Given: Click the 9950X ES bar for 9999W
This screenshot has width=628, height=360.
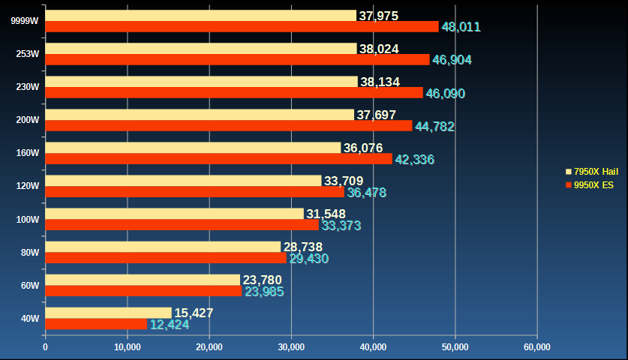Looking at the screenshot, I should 242,27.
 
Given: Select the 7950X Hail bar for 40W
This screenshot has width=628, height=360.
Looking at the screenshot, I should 109,313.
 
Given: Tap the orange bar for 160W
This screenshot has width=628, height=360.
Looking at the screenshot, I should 218,159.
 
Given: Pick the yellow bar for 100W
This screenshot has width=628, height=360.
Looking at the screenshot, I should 175,214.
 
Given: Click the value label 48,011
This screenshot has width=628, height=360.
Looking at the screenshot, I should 461,27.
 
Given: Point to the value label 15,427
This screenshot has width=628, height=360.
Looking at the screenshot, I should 194,313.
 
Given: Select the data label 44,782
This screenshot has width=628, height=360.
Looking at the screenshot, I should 434,126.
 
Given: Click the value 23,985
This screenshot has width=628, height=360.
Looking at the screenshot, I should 264,292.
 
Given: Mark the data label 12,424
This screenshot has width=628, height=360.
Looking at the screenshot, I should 170,325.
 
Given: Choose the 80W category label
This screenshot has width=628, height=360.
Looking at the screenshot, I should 30,252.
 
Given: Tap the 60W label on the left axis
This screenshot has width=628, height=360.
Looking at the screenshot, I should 30,285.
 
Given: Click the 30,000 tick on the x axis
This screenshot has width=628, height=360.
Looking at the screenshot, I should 291,346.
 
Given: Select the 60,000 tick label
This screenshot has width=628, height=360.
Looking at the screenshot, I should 537,346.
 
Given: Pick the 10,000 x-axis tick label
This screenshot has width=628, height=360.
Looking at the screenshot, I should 128,346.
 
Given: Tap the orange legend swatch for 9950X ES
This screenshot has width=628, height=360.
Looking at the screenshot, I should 568,184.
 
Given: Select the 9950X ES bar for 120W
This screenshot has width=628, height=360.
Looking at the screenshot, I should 194,192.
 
